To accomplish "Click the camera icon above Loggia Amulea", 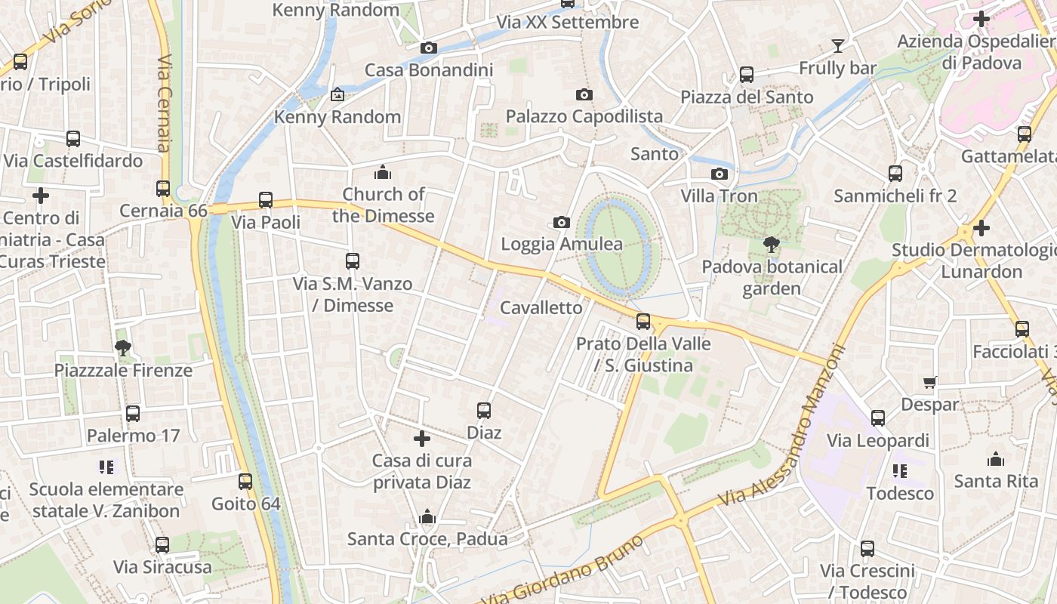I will tap(561, 222).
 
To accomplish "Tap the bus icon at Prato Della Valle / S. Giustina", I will tap(643, 322).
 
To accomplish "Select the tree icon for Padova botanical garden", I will tap(771, 245).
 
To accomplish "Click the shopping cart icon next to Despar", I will tap(930, 383).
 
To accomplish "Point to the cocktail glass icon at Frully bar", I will tap(837, 46).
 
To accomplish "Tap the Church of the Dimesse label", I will tap(384, 205).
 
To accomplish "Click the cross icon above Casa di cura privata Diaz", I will tap(422, 439).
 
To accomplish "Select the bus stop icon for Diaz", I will tap(484, 411).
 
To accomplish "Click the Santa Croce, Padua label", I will tap(427, 539).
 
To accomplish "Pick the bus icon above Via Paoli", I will tap(266, 200).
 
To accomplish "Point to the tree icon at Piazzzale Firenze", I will tap(123, 348).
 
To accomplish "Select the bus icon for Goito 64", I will tap(245, 482).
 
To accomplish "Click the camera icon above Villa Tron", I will tap(719, 174).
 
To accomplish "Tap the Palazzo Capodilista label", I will tap(584, 116).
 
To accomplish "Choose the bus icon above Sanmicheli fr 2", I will tap(895, 174).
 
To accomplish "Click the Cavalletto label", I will tap(541, 308).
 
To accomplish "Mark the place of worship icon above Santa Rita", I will tap(996, 459).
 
